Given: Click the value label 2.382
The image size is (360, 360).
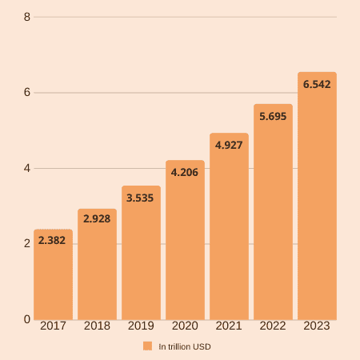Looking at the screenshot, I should [53, 239].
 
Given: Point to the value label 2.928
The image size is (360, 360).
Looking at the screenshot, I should [97, 218].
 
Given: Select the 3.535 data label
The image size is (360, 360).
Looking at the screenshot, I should [141, 195].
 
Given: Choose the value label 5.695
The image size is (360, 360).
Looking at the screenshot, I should [273, 115].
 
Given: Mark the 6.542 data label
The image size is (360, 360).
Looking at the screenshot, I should [317, 83].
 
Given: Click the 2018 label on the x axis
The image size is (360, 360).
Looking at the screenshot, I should [97, 326].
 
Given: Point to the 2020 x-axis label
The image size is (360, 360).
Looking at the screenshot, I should [185, 326].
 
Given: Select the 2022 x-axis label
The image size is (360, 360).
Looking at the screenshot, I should [273, 326].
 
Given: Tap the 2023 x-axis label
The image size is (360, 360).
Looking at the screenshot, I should [317, 326].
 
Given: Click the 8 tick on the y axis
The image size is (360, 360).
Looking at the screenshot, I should [27, 17].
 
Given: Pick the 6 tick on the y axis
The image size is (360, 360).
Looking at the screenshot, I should [27, 93].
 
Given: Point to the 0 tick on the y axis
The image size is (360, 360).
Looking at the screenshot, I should [27, 319].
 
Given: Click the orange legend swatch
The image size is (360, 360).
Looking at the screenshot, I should [147, 346].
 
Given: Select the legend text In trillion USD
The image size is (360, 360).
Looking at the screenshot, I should [185, 346].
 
